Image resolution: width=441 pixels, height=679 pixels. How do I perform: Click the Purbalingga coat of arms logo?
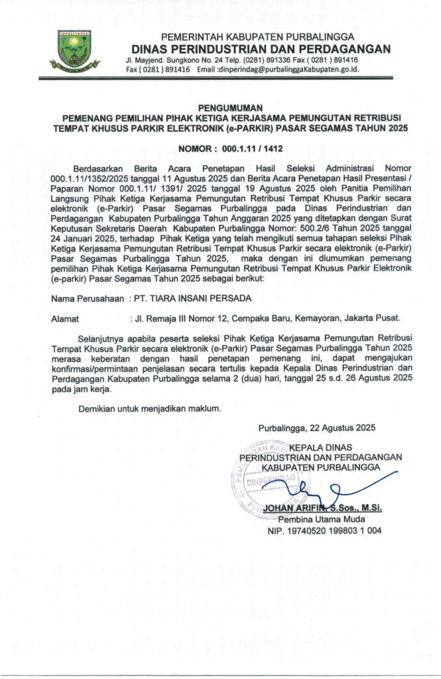point(74,50)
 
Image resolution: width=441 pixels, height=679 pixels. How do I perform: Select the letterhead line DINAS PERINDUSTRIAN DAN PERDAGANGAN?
point(261,48)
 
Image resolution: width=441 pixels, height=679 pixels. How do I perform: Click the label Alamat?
point(66,319)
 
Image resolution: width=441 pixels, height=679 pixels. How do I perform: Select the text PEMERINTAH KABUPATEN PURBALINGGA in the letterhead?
point(257,36)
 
